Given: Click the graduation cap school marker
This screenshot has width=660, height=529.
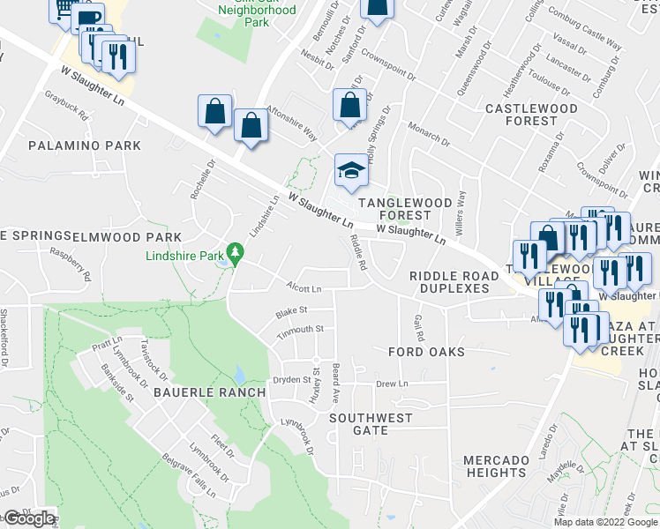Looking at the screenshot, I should [351, 170].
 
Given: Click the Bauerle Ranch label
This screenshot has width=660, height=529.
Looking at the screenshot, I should [209, 391].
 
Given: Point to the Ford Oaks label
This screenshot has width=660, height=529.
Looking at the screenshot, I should [426, 352].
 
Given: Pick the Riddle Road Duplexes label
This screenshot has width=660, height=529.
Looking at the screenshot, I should [450, 282].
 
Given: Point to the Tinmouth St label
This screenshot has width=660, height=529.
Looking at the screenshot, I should [301, 329].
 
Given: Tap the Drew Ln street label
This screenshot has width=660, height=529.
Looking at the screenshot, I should [393, 384].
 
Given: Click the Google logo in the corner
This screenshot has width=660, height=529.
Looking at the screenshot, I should [29, 518].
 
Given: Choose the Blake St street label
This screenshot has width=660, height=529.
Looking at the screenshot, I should [290, 311].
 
